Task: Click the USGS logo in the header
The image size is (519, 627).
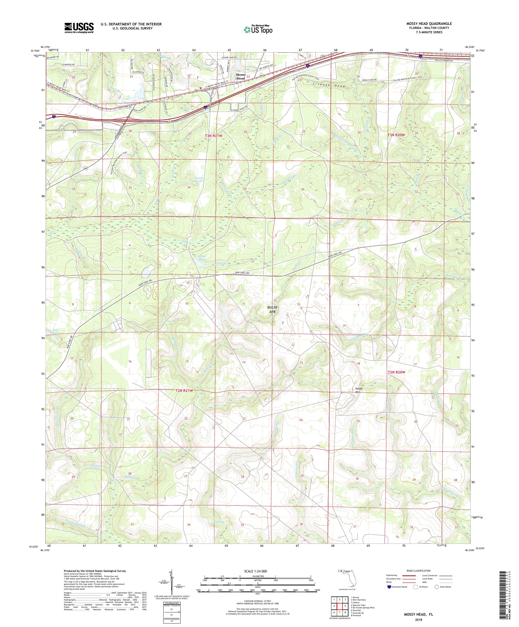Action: (x=79, y=28)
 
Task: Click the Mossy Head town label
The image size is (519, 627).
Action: (x=240, y=76)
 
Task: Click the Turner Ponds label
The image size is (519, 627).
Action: (x=198, y=179)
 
